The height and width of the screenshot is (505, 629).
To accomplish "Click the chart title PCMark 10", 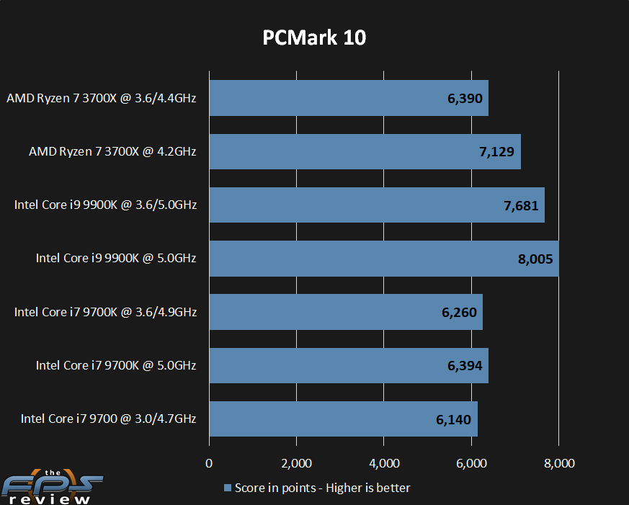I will (x=314, y=37).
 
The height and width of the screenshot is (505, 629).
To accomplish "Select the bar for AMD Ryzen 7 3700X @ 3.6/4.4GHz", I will (x=349, y=98).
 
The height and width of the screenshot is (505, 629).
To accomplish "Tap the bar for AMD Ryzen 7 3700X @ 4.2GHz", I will (x=365, y=151).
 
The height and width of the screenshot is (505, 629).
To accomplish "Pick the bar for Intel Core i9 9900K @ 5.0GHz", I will (x=384, y=258).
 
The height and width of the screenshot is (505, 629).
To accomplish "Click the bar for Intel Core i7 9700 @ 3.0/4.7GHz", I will (x=343, y=419).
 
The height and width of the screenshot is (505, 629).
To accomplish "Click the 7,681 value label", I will (x=521, y=205).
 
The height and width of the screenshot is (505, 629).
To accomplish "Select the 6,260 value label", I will (x=459, y=312).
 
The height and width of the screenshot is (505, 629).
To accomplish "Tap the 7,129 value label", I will (x=497, y=152).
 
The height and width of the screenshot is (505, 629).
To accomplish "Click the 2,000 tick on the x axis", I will (x=296, y=462).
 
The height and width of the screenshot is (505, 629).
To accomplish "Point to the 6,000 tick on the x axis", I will (x=471, y=462).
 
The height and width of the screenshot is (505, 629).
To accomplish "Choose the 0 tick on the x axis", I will (x=209, y=462).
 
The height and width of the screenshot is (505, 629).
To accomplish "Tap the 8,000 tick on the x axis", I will (x=558, y=462).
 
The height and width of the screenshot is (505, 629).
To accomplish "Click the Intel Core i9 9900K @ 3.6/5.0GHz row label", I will (x=105, y=205).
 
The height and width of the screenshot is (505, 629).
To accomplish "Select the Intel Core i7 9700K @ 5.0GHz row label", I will (x=116, y=365).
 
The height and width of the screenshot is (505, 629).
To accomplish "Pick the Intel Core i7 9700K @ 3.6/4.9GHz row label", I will (x=105, y=312).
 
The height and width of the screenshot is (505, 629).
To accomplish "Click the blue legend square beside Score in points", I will (x=228, y=488).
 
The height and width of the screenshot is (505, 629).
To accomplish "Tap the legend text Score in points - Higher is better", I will (x=322, y=488).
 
